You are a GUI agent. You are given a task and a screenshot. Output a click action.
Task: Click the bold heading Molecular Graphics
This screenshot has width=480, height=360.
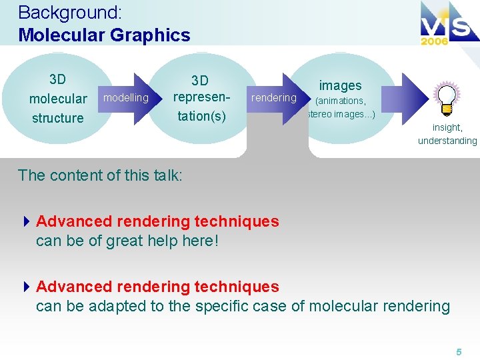[x=104, y=35]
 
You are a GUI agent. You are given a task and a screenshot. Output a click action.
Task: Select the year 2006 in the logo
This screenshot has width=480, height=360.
[x=434, y=41]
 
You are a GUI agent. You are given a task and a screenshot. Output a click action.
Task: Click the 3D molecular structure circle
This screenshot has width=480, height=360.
[x=58, y=99]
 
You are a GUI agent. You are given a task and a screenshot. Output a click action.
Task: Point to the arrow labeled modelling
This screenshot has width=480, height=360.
[x=127, y=99]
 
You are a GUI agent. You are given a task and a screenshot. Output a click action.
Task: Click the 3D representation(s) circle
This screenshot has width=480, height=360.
[x=199, y=98]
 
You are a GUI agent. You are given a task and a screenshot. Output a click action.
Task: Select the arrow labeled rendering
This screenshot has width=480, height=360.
[x=274, y=98]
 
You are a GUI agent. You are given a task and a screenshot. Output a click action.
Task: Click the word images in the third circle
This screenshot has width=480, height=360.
[x=340, y=85]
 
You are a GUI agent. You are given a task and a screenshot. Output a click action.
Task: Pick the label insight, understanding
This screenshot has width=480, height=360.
[x=447, y=134]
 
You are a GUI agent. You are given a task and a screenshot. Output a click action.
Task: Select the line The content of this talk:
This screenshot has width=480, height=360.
[x=100, y=175]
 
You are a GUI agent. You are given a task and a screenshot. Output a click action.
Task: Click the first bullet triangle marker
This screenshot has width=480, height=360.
[x=27, y=221]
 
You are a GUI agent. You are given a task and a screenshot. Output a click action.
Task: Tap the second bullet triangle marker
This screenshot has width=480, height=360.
[x=27, y=287]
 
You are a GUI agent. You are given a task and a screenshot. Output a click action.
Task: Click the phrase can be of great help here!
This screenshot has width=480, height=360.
[x=127, y=241]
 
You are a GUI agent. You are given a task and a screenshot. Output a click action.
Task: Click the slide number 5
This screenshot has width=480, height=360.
[x=459, y=351]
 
